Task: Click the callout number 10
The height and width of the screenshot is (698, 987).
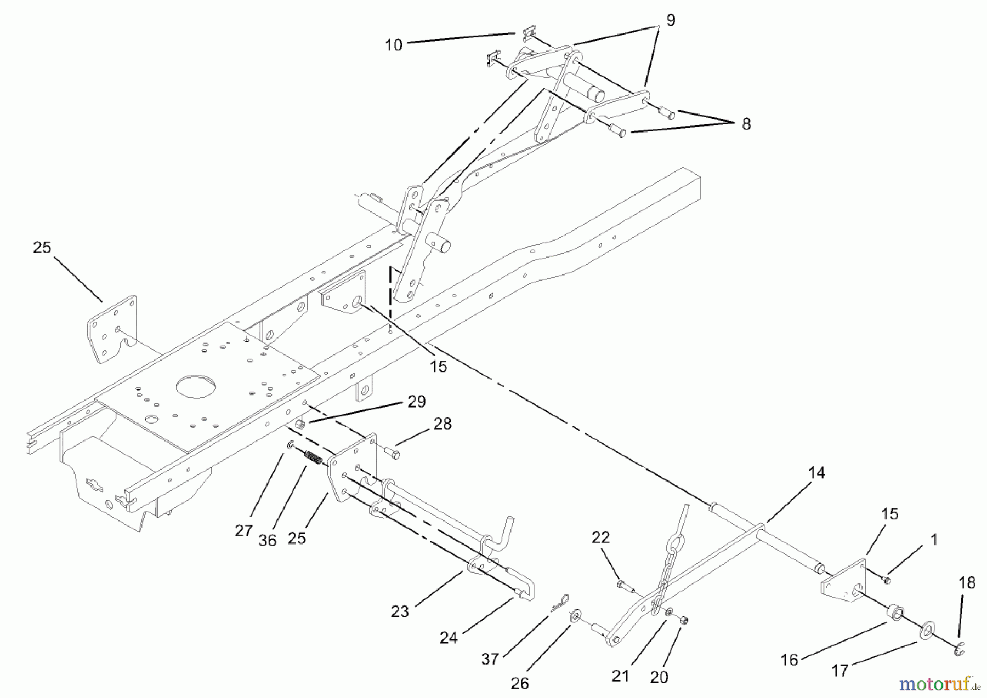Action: tap(394, 45)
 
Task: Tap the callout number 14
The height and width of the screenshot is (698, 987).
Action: tap(816, 473)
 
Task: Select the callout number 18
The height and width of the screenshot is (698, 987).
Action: tap(967, 583)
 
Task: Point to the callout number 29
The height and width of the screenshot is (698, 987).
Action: tap(417, 402)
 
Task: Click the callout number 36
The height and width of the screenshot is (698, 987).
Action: tap(268, 540)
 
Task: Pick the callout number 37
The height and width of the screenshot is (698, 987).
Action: tap(490, 659)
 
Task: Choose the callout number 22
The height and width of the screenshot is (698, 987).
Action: tap(600, 537)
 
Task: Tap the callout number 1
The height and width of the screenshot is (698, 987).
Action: tap(934, 540)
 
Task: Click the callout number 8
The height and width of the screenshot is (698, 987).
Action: tap(746, 124)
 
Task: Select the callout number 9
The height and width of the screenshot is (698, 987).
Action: tap(671, 20)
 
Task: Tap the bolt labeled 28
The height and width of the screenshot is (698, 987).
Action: tap(393, 453)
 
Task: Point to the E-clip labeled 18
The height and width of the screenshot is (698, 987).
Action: tap(959, 650)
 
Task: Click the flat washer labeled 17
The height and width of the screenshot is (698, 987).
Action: tap(928, 630)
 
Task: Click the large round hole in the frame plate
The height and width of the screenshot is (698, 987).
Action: tap(195, 386)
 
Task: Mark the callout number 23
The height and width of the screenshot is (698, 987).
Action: tap(400, 612)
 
